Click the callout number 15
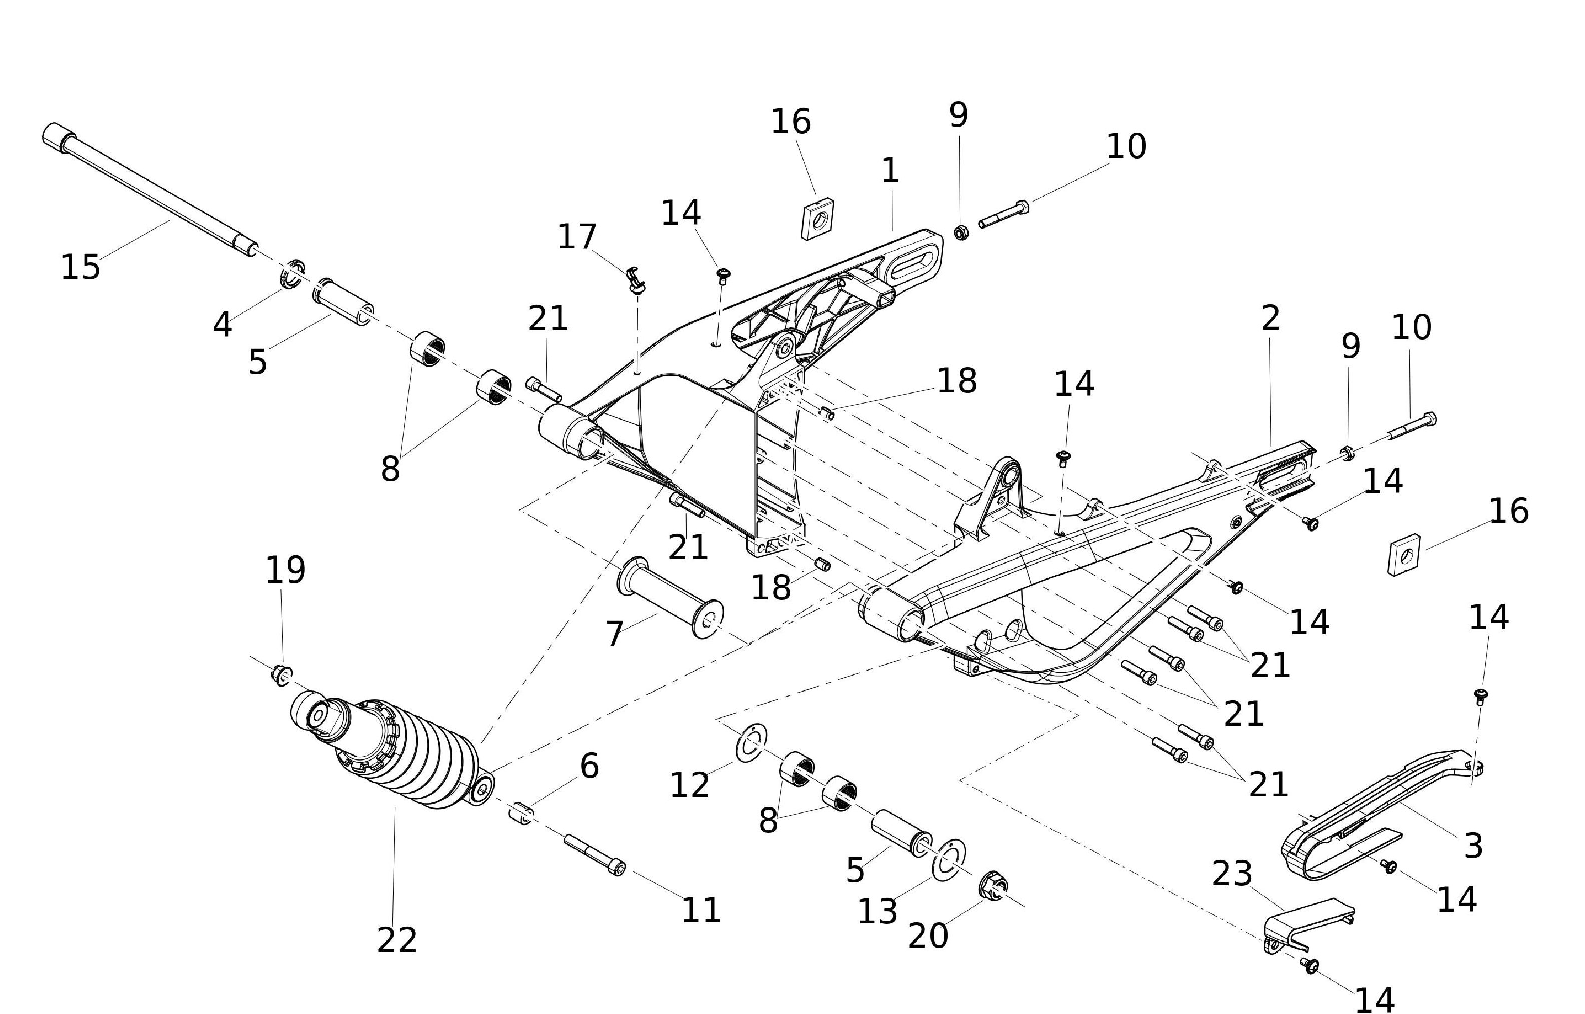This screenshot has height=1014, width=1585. click(81, 267)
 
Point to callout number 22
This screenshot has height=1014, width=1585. click(396, 940)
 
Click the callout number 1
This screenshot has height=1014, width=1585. click(890, 171)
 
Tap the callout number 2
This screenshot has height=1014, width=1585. click(1270, 319)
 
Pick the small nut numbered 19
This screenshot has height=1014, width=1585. click(282, 674)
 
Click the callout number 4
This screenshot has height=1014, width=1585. click(223, 325)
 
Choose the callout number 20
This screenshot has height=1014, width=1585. click(927, 936)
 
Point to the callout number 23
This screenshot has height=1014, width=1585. click(1231, 874)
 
